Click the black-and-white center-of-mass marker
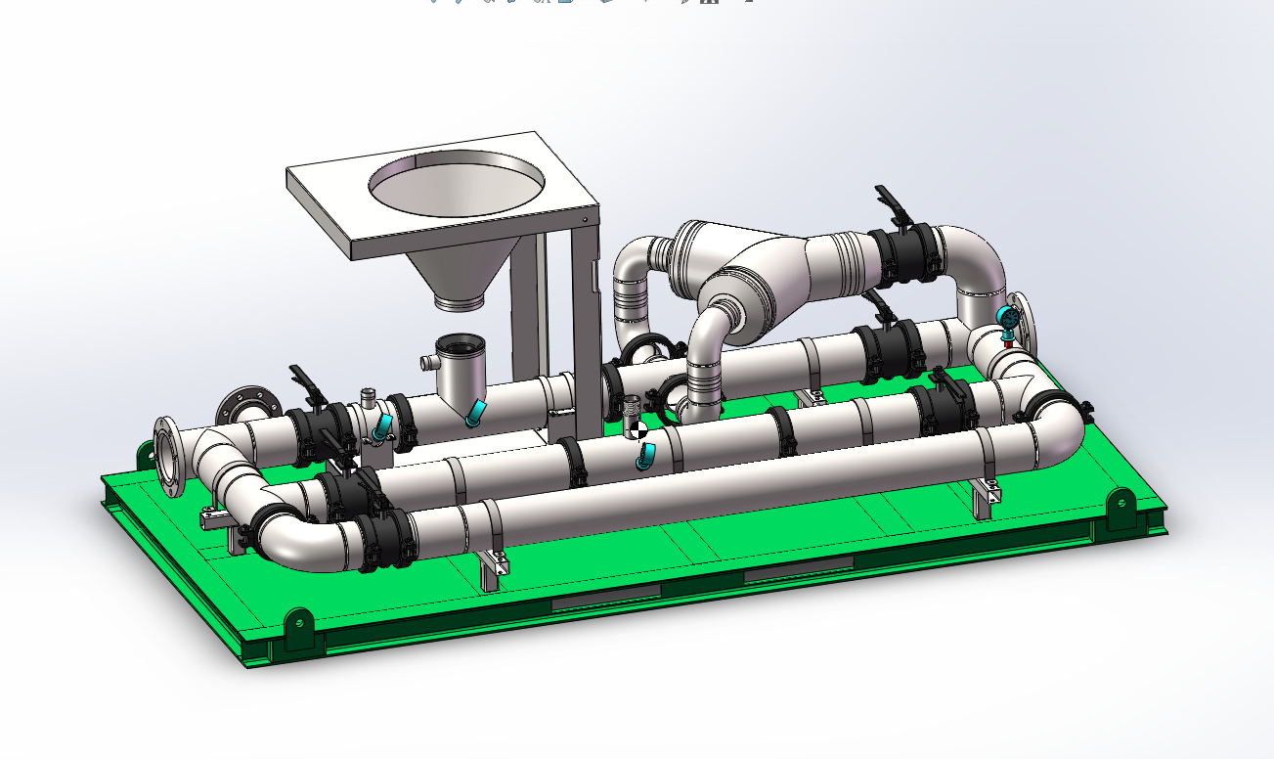(x=637, y=428)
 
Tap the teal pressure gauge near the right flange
(x=1006, y=317)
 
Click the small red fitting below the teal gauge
(x=1008, y=342)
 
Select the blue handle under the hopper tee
(x=475, y=413)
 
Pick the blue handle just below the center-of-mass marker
(x=645, y=455)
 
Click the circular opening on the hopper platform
(x=457, y=185)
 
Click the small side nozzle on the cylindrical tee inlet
(x=426, y=363)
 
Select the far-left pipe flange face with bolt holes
(x=168, y=457)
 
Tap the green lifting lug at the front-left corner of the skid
(x=297, y=626)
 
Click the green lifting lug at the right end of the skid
(x=1120, y=509)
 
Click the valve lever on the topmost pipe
(x=892, y=201)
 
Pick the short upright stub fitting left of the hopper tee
(x=369, y=399)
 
